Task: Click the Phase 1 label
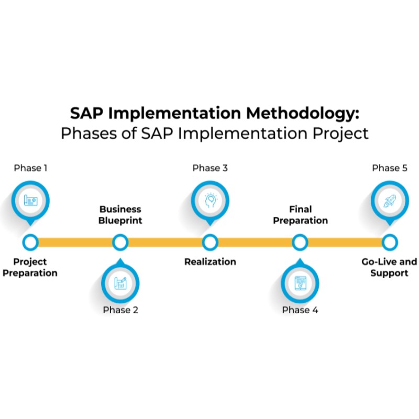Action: (30, 168)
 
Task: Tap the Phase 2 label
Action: (120, 310)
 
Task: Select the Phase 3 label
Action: (210, 168)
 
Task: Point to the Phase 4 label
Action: (300, 310)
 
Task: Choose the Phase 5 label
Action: (390, 168)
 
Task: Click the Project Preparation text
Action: (30, 267)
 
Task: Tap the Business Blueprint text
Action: (120, 214)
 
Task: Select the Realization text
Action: (210, 261)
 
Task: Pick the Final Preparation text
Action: (300, 214)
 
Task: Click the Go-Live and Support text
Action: (389, 267)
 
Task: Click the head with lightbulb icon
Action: (210, 200)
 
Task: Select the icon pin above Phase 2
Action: (120, 283)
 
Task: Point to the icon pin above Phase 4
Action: (300, 283)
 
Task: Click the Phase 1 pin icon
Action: (30, 200)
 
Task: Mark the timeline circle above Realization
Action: (210, 242)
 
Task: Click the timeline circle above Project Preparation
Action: (30, 242)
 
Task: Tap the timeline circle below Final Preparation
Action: (300, 242)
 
